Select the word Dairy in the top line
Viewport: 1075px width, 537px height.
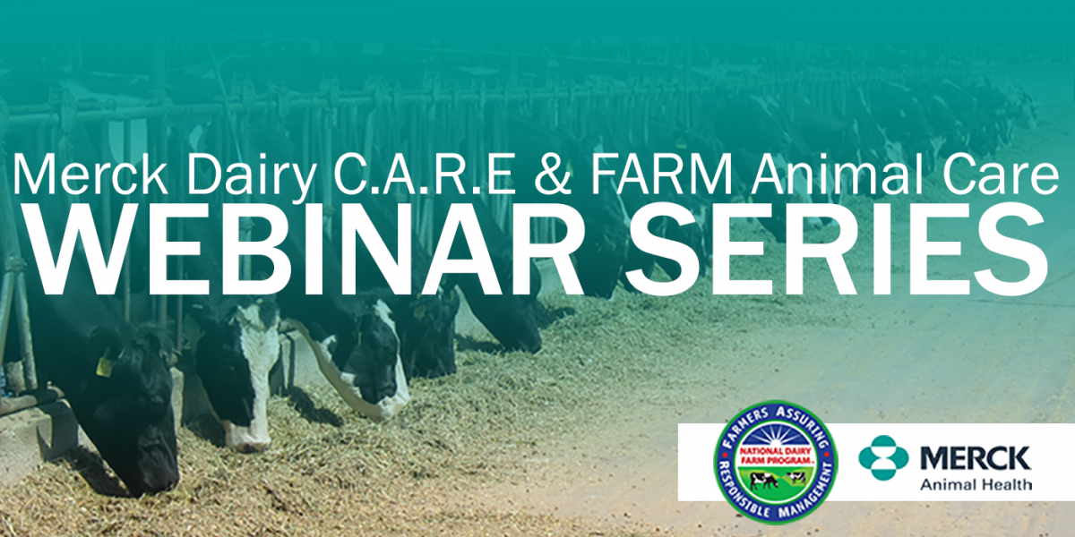point(251,176)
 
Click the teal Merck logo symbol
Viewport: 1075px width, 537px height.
point(883,458)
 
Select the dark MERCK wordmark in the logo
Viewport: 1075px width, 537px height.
point(976,458)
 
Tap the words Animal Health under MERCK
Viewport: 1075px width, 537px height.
point(976,484)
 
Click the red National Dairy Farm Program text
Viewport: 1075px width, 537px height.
point(776,455)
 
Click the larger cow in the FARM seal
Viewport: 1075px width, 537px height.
point(764,481)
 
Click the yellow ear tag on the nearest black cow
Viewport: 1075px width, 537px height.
point(104,363)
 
